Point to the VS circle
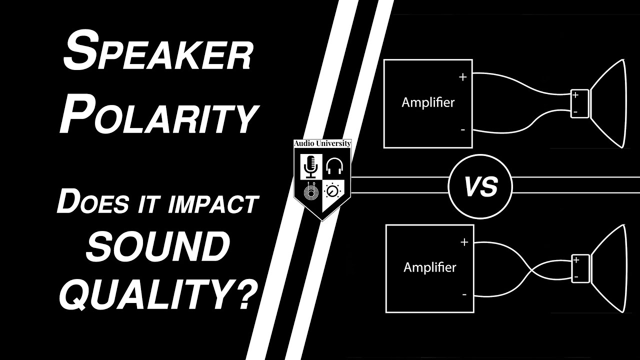click(480, 187)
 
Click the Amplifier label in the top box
click(428, 103)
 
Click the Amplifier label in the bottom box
click(430, 267)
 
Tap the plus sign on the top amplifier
click(462, 77)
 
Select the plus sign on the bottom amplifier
click(464, 242)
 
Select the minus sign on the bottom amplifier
click(464, 294)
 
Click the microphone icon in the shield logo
click(310, 166)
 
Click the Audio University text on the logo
click(322, 143)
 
